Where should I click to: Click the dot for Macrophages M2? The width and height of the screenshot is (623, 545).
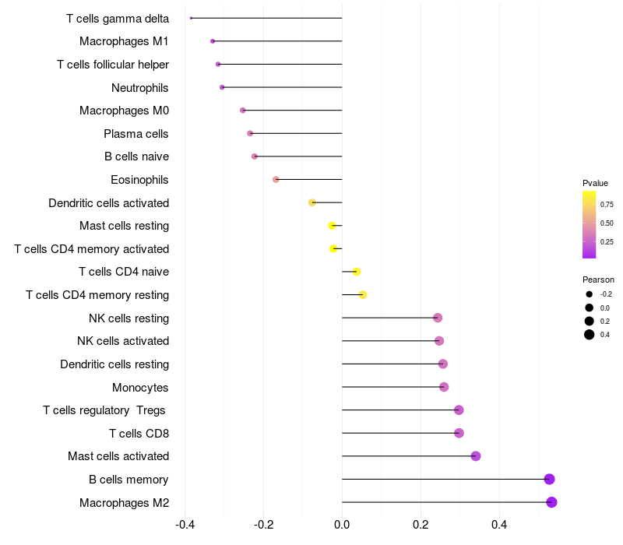(x=551, y=502)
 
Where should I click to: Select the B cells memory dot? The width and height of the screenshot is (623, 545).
(x=549, y=479)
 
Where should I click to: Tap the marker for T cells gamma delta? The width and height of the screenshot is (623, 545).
(x=191, y=18)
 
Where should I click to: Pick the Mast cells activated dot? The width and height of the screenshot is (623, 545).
(x=476, y=456)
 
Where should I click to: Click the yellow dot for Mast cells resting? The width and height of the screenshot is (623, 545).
(x=333, y=226)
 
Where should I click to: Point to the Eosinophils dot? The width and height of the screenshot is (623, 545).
(x=276, y=180)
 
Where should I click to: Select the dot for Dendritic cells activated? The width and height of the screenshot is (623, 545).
(x=312, y=202)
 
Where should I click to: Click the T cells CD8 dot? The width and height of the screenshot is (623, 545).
(x=459, y=433)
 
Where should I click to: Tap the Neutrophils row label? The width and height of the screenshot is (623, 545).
(x=139, y=87)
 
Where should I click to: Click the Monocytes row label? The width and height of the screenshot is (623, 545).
(x=140, y=387)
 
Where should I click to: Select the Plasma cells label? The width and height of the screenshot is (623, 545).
(x=136, y=134)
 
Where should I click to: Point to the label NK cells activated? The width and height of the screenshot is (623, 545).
(x=123, y=341)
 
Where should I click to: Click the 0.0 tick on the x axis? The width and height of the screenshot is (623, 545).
(x=342, y=525)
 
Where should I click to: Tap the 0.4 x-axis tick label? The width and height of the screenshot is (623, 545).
(x=499, y=525)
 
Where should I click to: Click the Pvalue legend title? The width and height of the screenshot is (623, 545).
(x=595, y=183)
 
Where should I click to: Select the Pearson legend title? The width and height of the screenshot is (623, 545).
(x=598, y=280)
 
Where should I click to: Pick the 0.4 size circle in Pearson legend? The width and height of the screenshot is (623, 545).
(x=590, y=335)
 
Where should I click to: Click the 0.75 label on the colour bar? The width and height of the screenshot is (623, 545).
(x=607, y=205)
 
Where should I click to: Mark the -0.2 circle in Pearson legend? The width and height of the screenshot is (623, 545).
(x=590, y=294)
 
